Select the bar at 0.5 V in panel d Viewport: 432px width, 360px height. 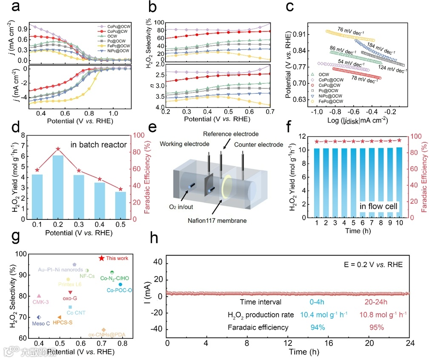tap(120, 204)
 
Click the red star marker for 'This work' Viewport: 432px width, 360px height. tap(101, 258)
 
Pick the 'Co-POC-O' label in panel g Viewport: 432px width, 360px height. tap(120, 290)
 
